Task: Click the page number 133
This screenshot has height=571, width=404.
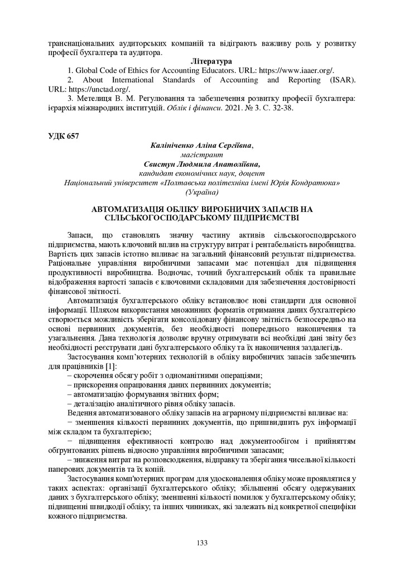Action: coord(202,543)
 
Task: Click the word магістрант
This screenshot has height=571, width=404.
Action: coord(202,154)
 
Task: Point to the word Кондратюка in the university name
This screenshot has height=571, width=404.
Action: coord(316,182)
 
